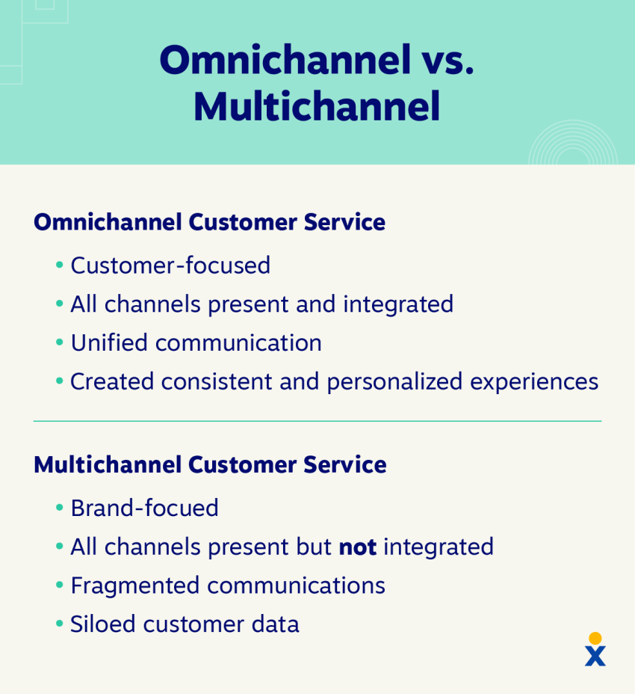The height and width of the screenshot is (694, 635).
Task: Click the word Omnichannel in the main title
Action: coord(285,60)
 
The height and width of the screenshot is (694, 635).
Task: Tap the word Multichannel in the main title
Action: coord(317,106)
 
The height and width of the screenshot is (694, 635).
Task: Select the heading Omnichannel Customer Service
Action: coord(210,222)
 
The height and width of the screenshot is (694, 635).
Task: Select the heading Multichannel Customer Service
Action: coord(210,464)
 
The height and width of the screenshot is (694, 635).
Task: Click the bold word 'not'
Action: coord(358,547)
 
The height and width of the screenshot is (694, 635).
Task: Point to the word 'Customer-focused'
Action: coord(170,265)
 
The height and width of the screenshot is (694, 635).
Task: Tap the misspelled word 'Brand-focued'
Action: coord(145,508)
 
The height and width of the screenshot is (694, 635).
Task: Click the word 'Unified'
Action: coord(109,343)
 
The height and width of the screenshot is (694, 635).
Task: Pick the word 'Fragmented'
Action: coord(135,586)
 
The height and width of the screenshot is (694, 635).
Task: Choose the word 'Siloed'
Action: coord(102,624)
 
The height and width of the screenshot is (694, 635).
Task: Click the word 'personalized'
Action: coord(394,382)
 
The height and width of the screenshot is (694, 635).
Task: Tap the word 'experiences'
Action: coord(534,382)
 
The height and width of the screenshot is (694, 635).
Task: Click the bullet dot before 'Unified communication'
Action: coord(60,343)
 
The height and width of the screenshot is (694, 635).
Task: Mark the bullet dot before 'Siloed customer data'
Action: coord(60,624)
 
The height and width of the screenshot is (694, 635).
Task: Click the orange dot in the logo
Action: coord(595,638)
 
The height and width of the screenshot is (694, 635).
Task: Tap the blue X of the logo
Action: coord(595,656)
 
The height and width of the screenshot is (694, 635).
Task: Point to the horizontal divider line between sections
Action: coord(317,421)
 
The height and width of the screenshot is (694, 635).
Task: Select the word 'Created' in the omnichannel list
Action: coord(112,381)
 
